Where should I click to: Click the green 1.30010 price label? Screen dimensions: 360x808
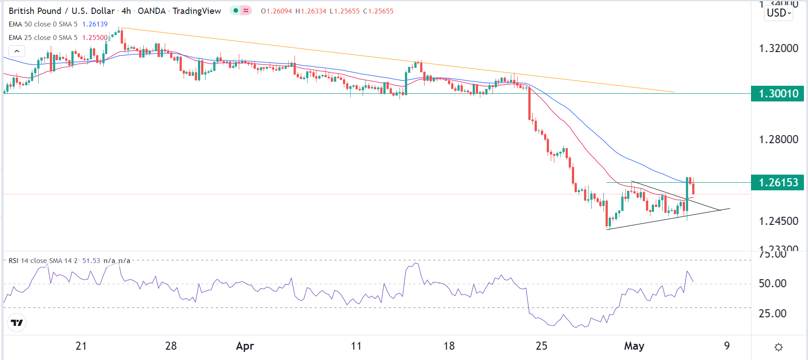pyautogui.click(x=778, y=94)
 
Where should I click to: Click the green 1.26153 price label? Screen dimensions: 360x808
pyautogui.click(x=778, y=183)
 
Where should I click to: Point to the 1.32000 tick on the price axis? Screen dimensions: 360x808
pyautogui.click(x=778, y=48)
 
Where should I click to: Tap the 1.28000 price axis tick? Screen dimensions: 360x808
pyautogui.click(x=778, y=140)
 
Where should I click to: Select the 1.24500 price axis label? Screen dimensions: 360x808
pyautogui.click(x=778, y=221)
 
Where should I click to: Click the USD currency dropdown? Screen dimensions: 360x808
pyautogui.click(x=778, y=13)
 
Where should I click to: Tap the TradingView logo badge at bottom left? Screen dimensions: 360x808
pyautogui.click(x=17, y=323)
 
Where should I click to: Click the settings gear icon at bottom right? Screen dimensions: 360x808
pyautogui.click(x=778, y=347)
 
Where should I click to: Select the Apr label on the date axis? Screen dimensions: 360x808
pyautogui.click(x=245, y=346)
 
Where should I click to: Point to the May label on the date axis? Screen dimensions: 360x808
pyautogui.click(x=634, y=346)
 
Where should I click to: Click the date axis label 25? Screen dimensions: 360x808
pyautogui.click(x=541, y=346)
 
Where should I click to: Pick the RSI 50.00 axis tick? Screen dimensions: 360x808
pyautogui.click(x=773, y=284)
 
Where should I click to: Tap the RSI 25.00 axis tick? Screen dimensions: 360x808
pyautogui.click(x=773, y=314)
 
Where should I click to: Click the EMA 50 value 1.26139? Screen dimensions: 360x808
pyautogui.click(x=95, y=24)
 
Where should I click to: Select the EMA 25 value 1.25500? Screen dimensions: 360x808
pyautogui.click(x=95, y=38)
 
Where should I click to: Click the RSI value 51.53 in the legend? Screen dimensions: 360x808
pyautogui.click(x=91, y=261)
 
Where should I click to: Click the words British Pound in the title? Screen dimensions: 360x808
pyautogui.click(x=35, y=11)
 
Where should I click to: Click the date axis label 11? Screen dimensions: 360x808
pyautogui.click(x=356, y=346)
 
